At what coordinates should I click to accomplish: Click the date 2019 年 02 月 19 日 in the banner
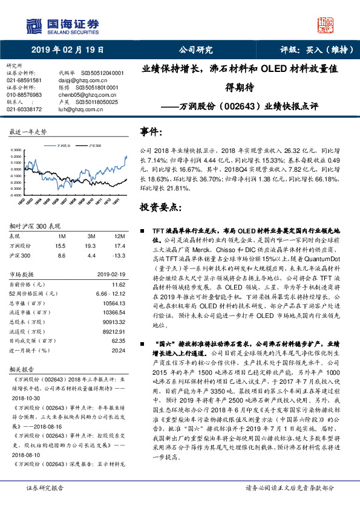pos(67,50)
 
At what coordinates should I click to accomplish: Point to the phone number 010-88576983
pos(24,95)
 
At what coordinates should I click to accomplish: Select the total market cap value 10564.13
pos(114,302)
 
